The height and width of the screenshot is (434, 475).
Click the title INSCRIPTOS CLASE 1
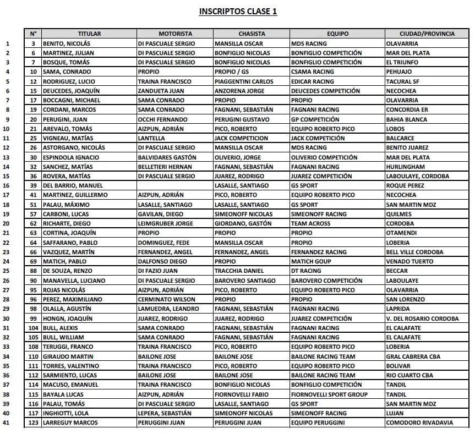[238, 11]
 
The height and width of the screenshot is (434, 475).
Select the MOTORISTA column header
[175, 34]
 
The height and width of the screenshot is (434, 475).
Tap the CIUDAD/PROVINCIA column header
[427, 34]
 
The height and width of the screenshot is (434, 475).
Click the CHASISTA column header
[252, 34]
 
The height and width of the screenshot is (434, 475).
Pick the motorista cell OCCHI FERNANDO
[162, 119]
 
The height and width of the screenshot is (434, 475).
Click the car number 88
[34, 271]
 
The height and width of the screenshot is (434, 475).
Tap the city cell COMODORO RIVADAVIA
[420, 422]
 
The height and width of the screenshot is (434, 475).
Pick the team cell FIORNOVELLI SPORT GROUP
[329, 394]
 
